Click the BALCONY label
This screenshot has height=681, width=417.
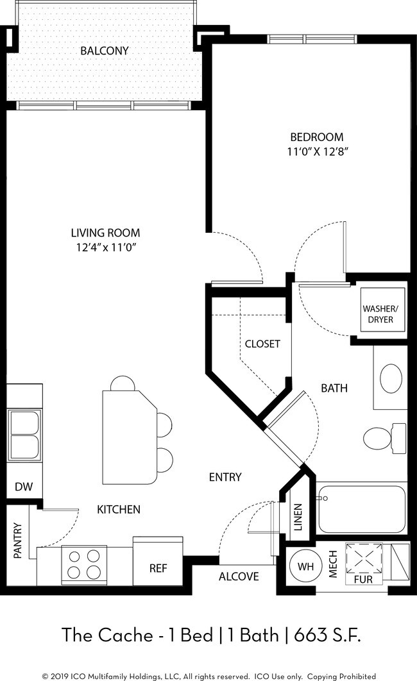pos(104,51)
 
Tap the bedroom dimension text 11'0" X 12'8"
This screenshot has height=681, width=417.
pos(318,152)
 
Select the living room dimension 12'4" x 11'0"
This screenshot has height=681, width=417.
pos(106,248)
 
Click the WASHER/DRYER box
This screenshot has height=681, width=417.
pos(380,314)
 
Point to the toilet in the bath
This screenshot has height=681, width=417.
pos(385,439)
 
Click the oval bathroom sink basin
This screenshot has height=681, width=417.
pos(391,378)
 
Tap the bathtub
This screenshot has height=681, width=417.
pos(361,509)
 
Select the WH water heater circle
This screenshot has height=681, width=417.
pos(306,566)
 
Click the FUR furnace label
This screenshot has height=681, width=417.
pos(363,580)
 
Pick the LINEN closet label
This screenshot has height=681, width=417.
pos(298,517)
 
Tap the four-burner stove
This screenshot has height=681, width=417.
pos(84,564)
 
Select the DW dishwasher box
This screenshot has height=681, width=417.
pos(24,486)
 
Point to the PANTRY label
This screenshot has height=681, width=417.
pos(17,541)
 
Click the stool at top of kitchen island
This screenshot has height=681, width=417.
pos(123,383)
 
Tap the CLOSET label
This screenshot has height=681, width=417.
pos(262,344)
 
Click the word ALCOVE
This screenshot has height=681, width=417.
pos(239,576)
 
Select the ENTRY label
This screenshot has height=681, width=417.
pos(225,477)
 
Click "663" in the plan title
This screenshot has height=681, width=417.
pos(310,635)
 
